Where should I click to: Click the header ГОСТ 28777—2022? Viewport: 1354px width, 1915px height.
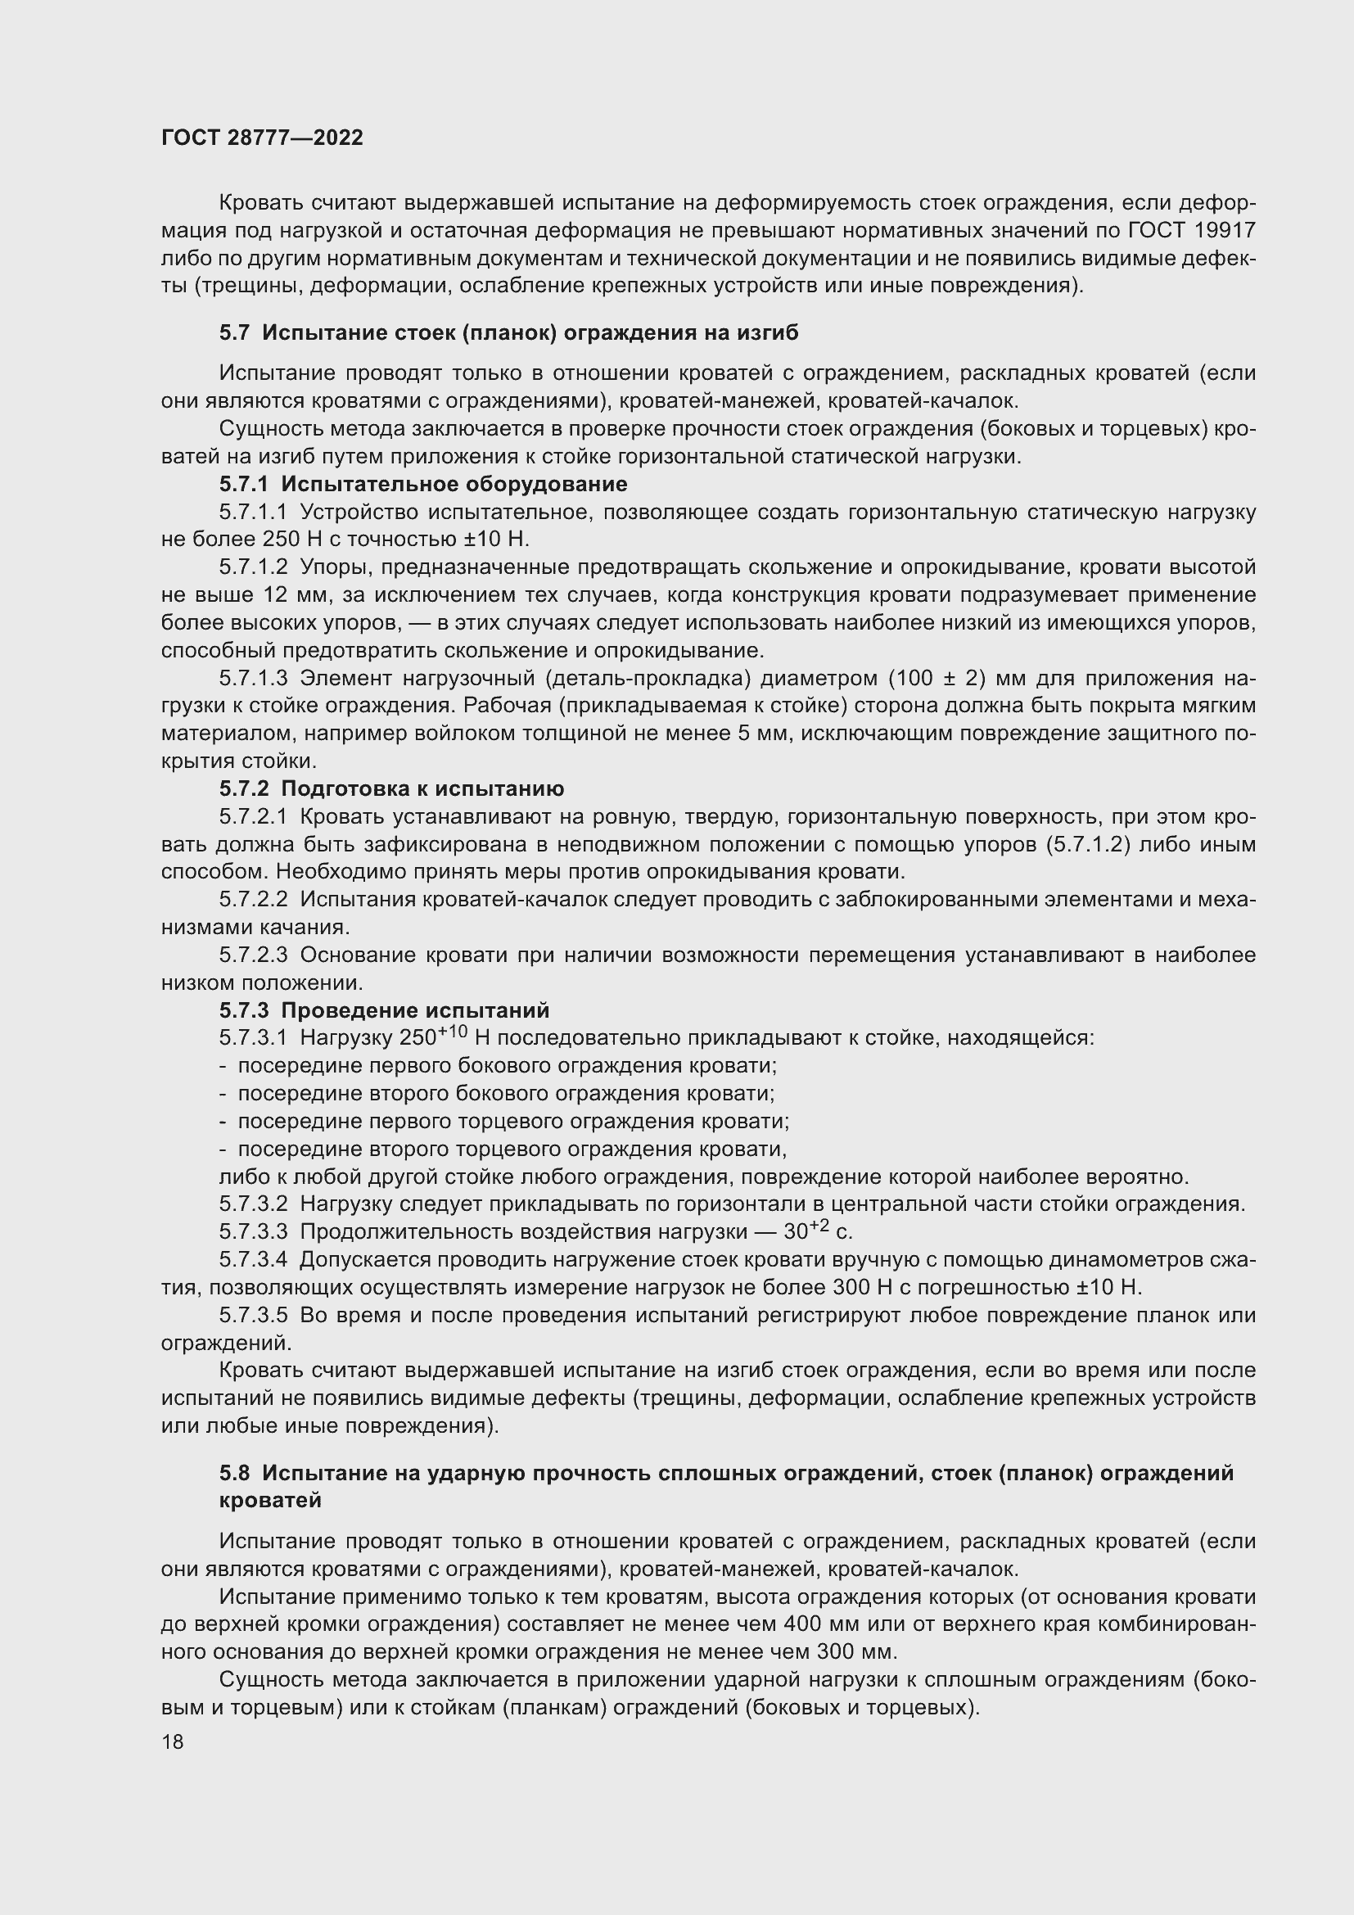coord(262,138)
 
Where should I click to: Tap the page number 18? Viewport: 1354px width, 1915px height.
coord(173,1741)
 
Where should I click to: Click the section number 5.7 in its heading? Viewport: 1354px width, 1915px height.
coord(234,332)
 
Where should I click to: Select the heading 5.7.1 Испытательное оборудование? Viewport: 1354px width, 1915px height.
coord(422,484)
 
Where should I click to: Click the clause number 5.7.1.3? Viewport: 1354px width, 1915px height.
coord(253,678)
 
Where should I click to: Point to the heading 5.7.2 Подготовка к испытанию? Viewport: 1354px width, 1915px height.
coord(391,789)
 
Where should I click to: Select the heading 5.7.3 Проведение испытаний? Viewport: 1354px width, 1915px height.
coord(385,1011)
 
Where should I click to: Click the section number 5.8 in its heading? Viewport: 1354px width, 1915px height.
coord(234,1474)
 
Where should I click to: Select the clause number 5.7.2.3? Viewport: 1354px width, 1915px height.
coord(253,955)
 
